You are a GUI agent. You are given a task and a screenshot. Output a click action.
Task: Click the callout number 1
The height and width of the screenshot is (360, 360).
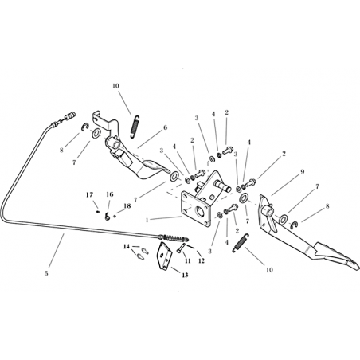tap(147, 220)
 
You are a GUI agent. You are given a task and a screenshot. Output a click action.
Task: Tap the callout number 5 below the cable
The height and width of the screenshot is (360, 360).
tap(46, 273)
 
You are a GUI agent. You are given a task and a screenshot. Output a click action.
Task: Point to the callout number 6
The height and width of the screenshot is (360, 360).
tap(166, 127)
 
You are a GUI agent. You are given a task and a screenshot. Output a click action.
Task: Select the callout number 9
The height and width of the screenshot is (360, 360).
tap(302, 172)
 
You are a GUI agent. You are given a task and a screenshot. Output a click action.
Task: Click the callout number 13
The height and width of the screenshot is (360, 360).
tap(185, 275)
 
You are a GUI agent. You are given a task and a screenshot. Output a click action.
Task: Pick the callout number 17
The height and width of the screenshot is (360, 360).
tap(90, 195)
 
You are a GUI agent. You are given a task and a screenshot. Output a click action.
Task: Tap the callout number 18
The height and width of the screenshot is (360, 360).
tap(127, 206)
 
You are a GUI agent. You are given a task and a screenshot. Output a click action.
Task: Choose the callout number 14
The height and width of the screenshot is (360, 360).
tap(127, 247)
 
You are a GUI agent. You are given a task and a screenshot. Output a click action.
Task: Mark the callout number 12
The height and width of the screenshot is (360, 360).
tap(202, 261)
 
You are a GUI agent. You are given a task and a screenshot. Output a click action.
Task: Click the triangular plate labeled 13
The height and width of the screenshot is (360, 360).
tap(165, 256)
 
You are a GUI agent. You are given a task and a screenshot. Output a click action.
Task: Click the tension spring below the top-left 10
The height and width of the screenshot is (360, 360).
tap(135, 127)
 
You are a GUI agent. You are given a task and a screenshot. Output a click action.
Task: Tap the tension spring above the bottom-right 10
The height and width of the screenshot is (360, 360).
tap(241, 243)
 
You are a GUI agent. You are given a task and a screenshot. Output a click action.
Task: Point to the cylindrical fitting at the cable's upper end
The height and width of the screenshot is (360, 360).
tap(71, 115)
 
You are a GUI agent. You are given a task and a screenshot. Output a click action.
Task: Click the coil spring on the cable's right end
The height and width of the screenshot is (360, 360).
tap(174, 237)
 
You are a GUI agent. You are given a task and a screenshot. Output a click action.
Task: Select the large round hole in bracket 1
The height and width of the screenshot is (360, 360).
tap(200, 212)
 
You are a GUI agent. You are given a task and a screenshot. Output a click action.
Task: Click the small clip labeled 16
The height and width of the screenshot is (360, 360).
tap(108, 217)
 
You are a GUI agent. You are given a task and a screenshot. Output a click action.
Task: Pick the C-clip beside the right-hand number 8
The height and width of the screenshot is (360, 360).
tap(294, 225)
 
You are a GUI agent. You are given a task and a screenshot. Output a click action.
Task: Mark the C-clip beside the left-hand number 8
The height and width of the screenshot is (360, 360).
tap(85, 127)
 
